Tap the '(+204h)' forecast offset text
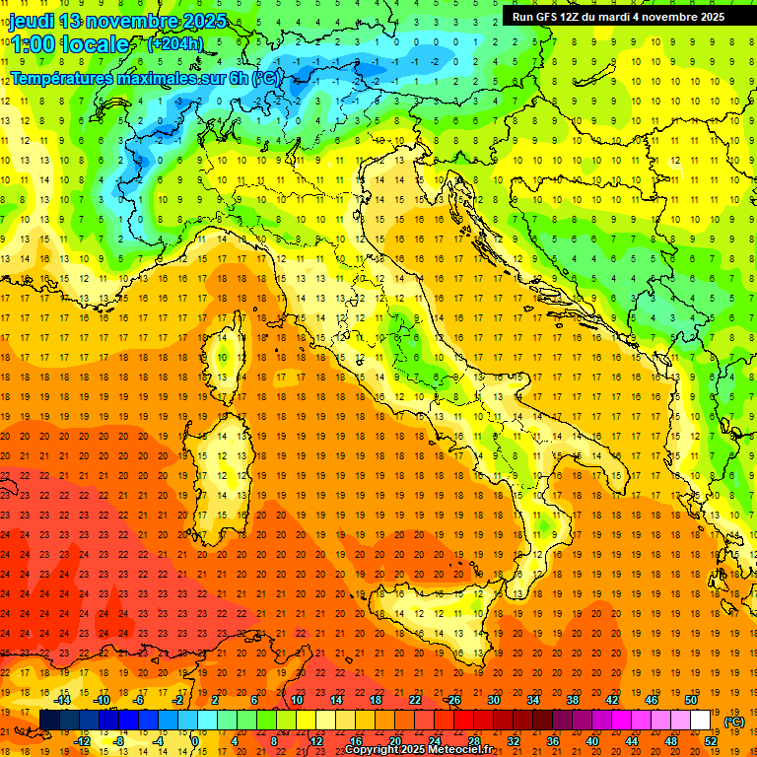point(174,43)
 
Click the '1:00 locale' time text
point(69,44)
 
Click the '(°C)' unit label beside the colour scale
point(734,721)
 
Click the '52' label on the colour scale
point(711,740)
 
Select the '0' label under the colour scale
point(195,740)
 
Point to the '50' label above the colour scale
point(691,700)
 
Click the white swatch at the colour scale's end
point(701,720)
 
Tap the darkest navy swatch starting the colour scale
point(49,720)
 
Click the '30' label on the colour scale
point(493,700)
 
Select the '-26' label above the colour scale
point(452,700)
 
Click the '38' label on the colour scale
point(573,700)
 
